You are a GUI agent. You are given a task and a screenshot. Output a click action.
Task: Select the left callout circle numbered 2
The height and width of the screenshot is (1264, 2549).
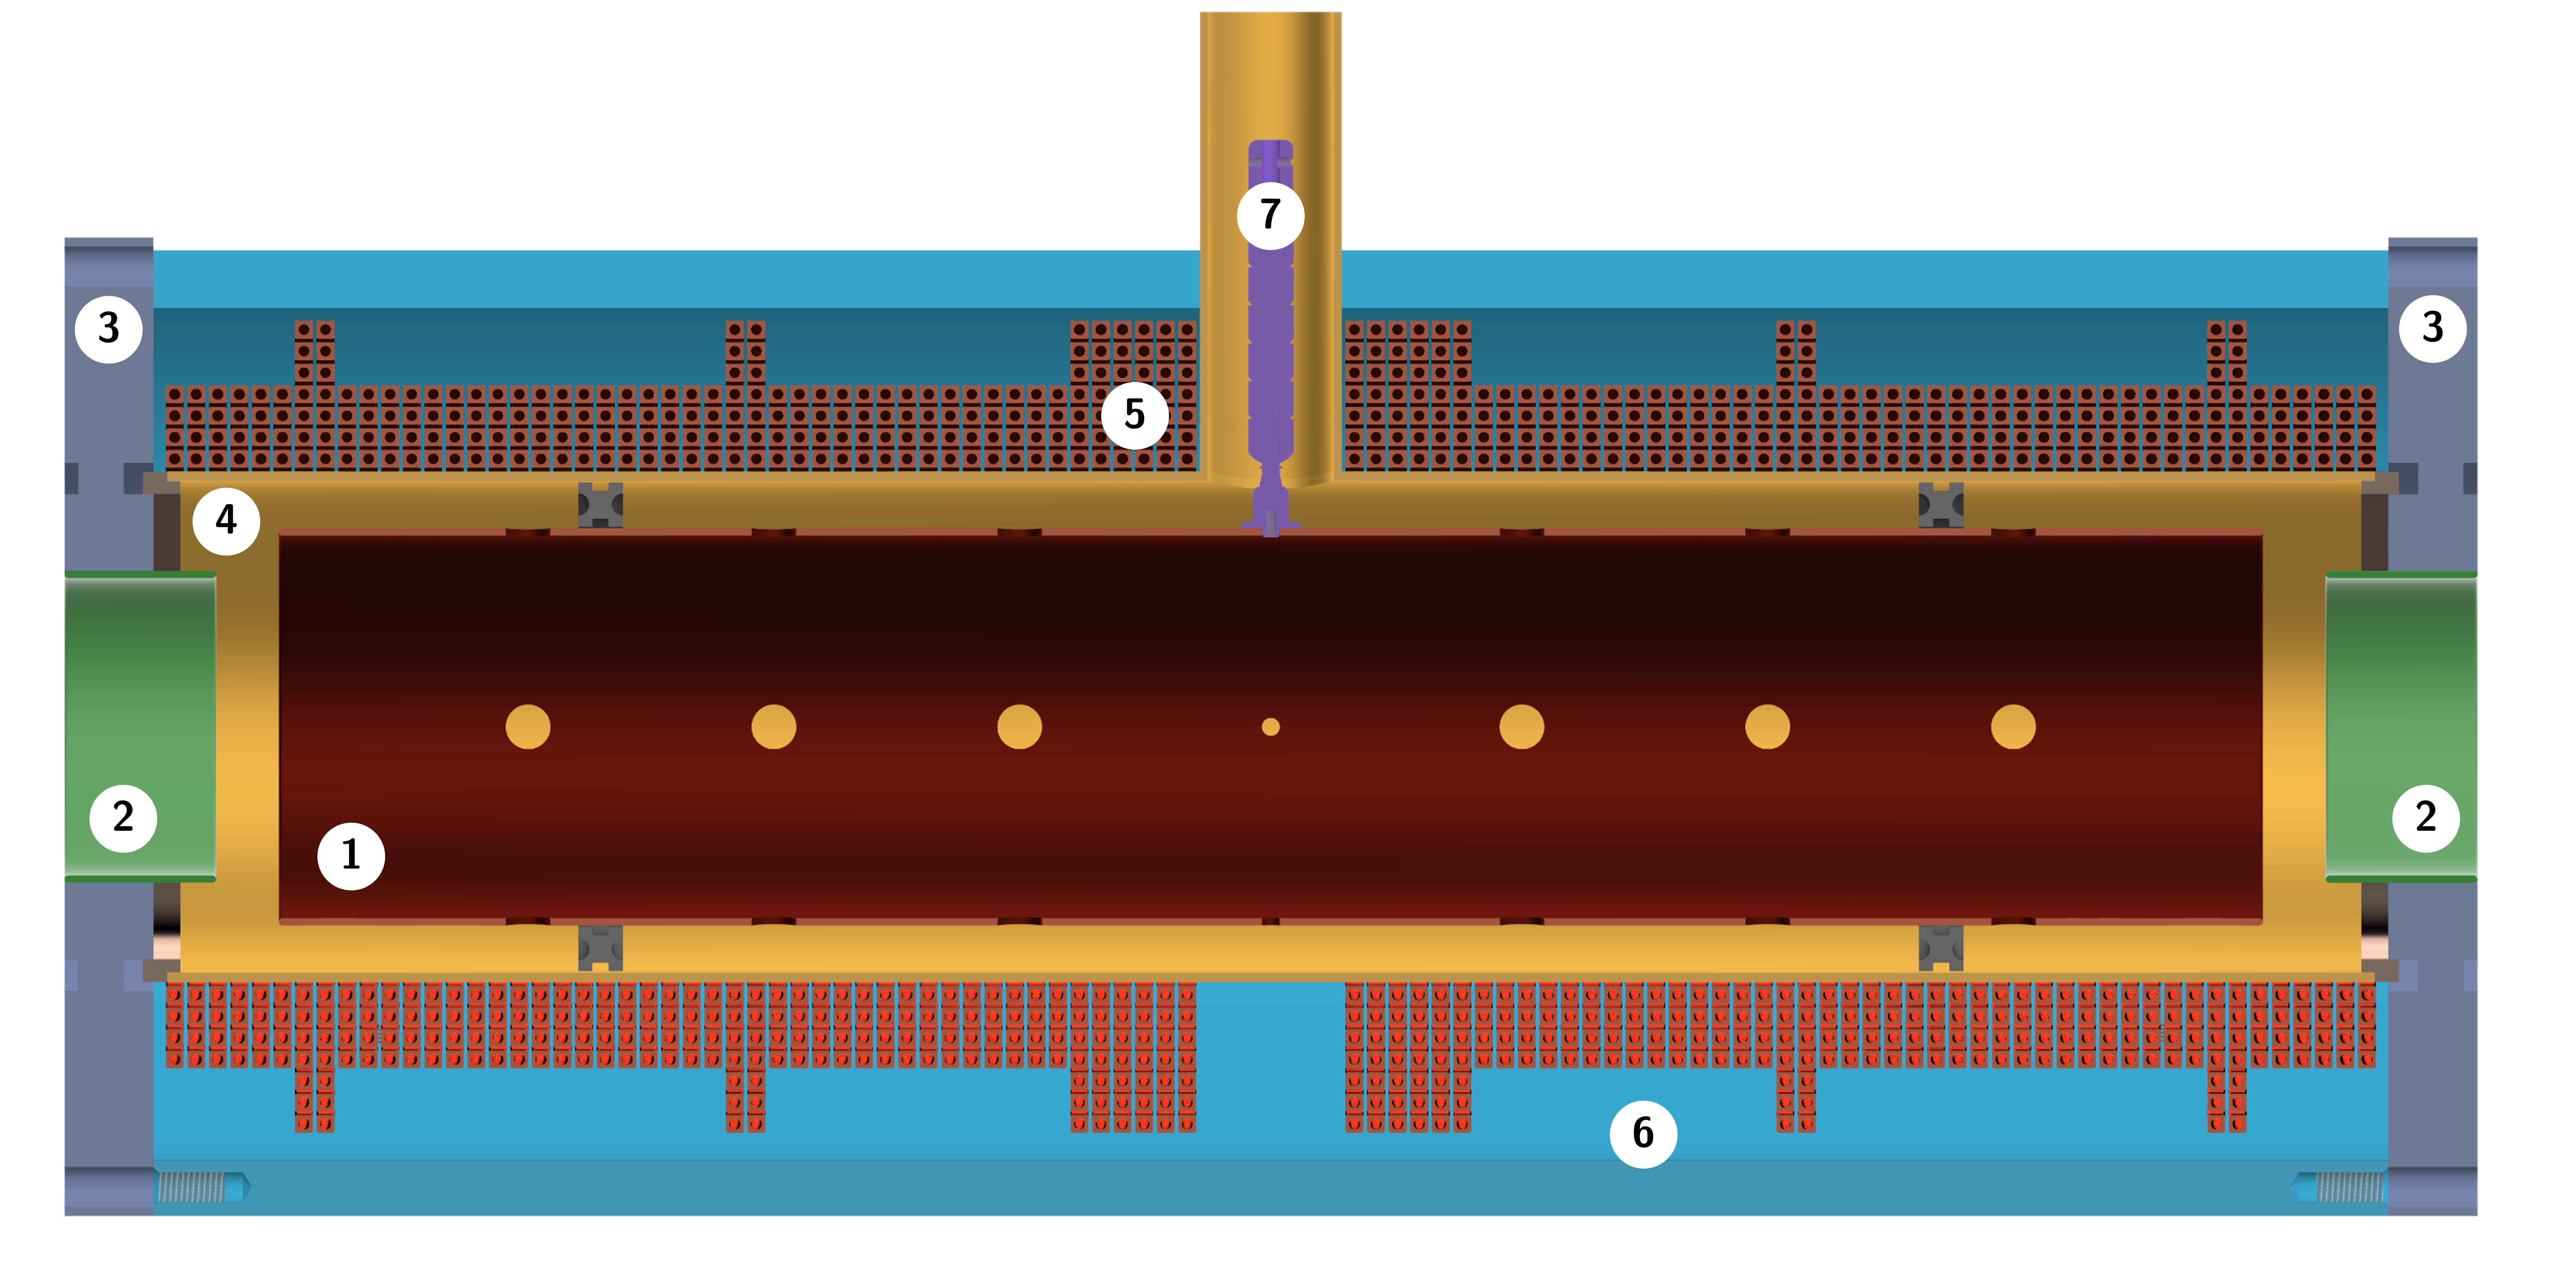point(123,818)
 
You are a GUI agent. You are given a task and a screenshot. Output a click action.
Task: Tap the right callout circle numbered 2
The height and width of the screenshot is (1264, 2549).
point(2425,818)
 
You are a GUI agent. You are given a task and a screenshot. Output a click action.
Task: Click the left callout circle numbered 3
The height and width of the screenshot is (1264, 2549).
point(109,329)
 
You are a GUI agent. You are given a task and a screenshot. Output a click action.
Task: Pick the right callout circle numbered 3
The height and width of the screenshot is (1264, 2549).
point(2432,328)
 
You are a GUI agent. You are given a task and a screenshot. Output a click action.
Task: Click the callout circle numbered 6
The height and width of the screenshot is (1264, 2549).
point(1643,1133)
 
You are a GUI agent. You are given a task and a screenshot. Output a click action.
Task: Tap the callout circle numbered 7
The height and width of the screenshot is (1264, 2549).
point(1271,215)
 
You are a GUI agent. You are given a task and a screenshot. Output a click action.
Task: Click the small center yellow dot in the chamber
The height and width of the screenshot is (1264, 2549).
point(1271,727)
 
